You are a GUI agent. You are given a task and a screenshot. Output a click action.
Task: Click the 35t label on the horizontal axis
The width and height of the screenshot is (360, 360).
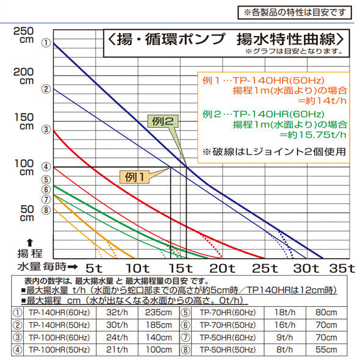[x=342, y=268]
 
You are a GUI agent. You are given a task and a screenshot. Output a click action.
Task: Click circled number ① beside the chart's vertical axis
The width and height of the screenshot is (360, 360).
[x=45, y=43]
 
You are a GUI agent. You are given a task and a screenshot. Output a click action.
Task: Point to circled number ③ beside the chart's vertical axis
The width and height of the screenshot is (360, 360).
[x=45, y=129]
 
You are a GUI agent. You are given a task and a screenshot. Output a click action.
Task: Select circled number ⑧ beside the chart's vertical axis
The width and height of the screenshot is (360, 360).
[x=45, y=210]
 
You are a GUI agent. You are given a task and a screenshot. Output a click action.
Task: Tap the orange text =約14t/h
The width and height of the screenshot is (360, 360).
[x=315, y=101]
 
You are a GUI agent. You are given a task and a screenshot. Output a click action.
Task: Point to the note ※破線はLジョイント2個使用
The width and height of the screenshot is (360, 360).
[x=275, y=151]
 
